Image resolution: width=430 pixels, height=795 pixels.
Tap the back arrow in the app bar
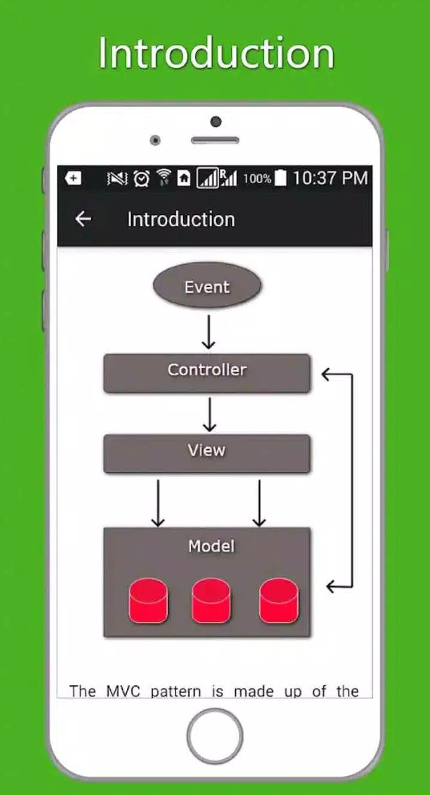83,219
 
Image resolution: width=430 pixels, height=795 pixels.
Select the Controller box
207,373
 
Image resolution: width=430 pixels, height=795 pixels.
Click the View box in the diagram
207,453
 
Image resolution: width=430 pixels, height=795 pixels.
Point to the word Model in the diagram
211,546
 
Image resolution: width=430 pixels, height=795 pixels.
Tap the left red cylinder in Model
149,600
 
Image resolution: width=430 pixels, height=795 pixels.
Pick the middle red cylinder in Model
211,600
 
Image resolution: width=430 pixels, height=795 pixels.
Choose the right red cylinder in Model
278,600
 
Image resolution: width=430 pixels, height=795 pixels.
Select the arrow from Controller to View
209,414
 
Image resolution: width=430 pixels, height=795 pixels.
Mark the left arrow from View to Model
158,503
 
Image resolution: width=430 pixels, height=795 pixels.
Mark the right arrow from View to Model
259,503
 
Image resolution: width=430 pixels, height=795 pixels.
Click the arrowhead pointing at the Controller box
328,375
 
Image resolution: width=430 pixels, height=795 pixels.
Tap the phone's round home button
214,736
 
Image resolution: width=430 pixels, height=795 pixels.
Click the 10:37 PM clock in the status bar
330,178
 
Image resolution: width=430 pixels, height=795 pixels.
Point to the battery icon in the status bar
280,178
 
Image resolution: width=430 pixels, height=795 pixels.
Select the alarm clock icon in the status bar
141,178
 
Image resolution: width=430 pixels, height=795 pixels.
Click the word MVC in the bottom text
123,691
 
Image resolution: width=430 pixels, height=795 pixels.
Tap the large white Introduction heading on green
216,54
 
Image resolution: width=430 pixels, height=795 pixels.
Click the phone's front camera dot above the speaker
216,122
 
